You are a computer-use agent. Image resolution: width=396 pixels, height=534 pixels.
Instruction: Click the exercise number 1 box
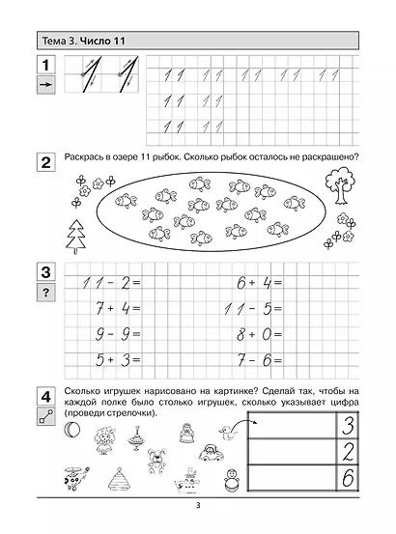pyautogui.click(x=43, y=68)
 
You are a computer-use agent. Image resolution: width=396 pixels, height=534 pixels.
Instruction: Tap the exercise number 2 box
pyautogui.click(x=43, y=162)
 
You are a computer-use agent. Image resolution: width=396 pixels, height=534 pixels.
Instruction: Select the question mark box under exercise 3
pyautogui.click(x=43, y=293)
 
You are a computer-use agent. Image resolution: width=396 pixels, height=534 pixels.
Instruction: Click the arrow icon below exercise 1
pyautogui.click(x=43, y=87)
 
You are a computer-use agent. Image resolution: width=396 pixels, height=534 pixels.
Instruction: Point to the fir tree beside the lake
pyautogui.click(x=74, y=235)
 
